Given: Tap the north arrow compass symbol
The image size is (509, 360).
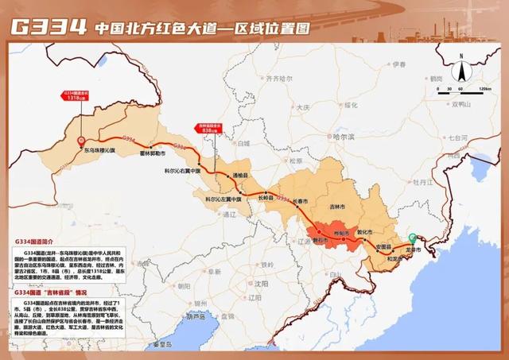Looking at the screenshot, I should pos(461,60).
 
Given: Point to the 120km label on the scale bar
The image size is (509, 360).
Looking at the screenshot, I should pos(484,89).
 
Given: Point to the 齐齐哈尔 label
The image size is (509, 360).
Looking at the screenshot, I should pos(279,79).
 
